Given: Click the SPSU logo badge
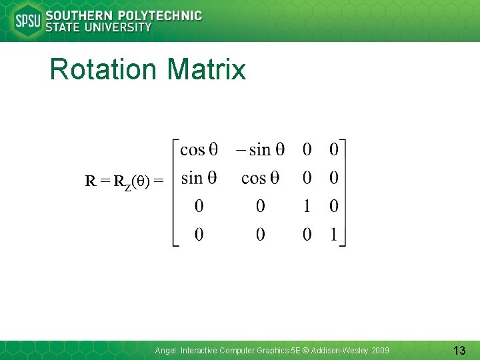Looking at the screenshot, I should (27, 21).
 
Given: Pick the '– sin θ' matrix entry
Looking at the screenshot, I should (260, 149).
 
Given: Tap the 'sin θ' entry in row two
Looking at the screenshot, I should (199, 178).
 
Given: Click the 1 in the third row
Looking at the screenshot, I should (307, 207).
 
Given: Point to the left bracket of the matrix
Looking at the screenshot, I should (175, 193).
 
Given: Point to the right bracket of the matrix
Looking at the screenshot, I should (344, 193).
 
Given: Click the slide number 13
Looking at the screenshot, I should (459, 350).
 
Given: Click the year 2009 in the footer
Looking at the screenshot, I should (381, 350).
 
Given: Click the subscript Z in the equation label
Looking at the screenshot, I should (128, 183).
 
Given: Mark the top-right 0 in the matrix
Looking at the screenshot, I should (334, 149).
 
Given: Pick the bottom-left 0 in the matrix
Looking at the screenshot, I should (199, 235).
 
